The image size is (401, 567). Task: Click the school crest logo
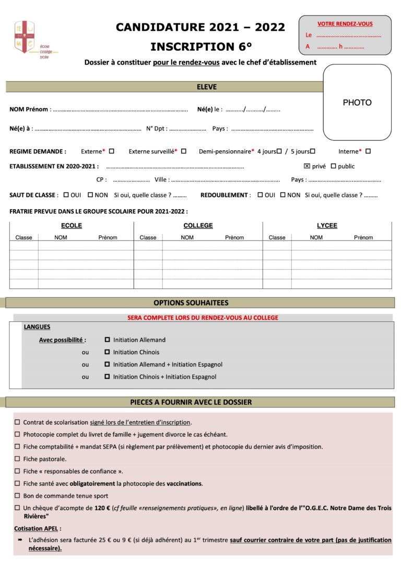point(25,37)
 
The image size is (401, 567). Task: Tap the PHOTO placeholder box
point(357,103)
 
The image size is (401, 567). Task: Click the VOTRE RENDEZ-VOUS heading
point(345,24)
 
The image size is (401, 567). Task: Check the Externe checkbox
point(111,151)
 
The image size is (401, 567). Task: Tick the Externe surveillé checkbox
point(183,151)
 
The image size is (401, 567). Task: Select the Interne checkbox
point(368,151)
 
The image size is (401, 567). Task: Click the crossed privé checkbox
point(307,166)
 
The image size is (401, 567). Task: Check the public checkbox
point(333,166)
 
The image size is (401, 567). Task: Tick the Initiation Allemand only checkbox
point(108,340)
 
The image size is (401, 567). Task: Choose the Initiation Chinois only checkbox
point(108,352)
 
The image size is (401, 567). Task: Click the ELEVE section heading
point(207,87)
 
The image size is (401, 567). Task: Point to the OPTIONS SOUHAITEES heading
point(191,303)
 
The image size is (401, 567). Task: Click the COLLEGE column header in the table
point(198,226)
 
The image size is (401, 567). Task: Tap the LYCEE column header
point(327,226)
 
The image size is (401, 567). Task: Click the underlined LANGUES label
point(37,327)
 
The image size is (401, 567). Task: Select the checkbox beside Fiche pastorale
point(17,459)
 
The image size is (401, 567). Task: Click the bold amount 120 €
point(102,508)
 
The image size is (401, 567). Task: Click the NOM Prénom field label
point(29,110)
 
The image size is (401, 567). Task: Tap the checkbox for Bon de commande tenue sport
point(17,496)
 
